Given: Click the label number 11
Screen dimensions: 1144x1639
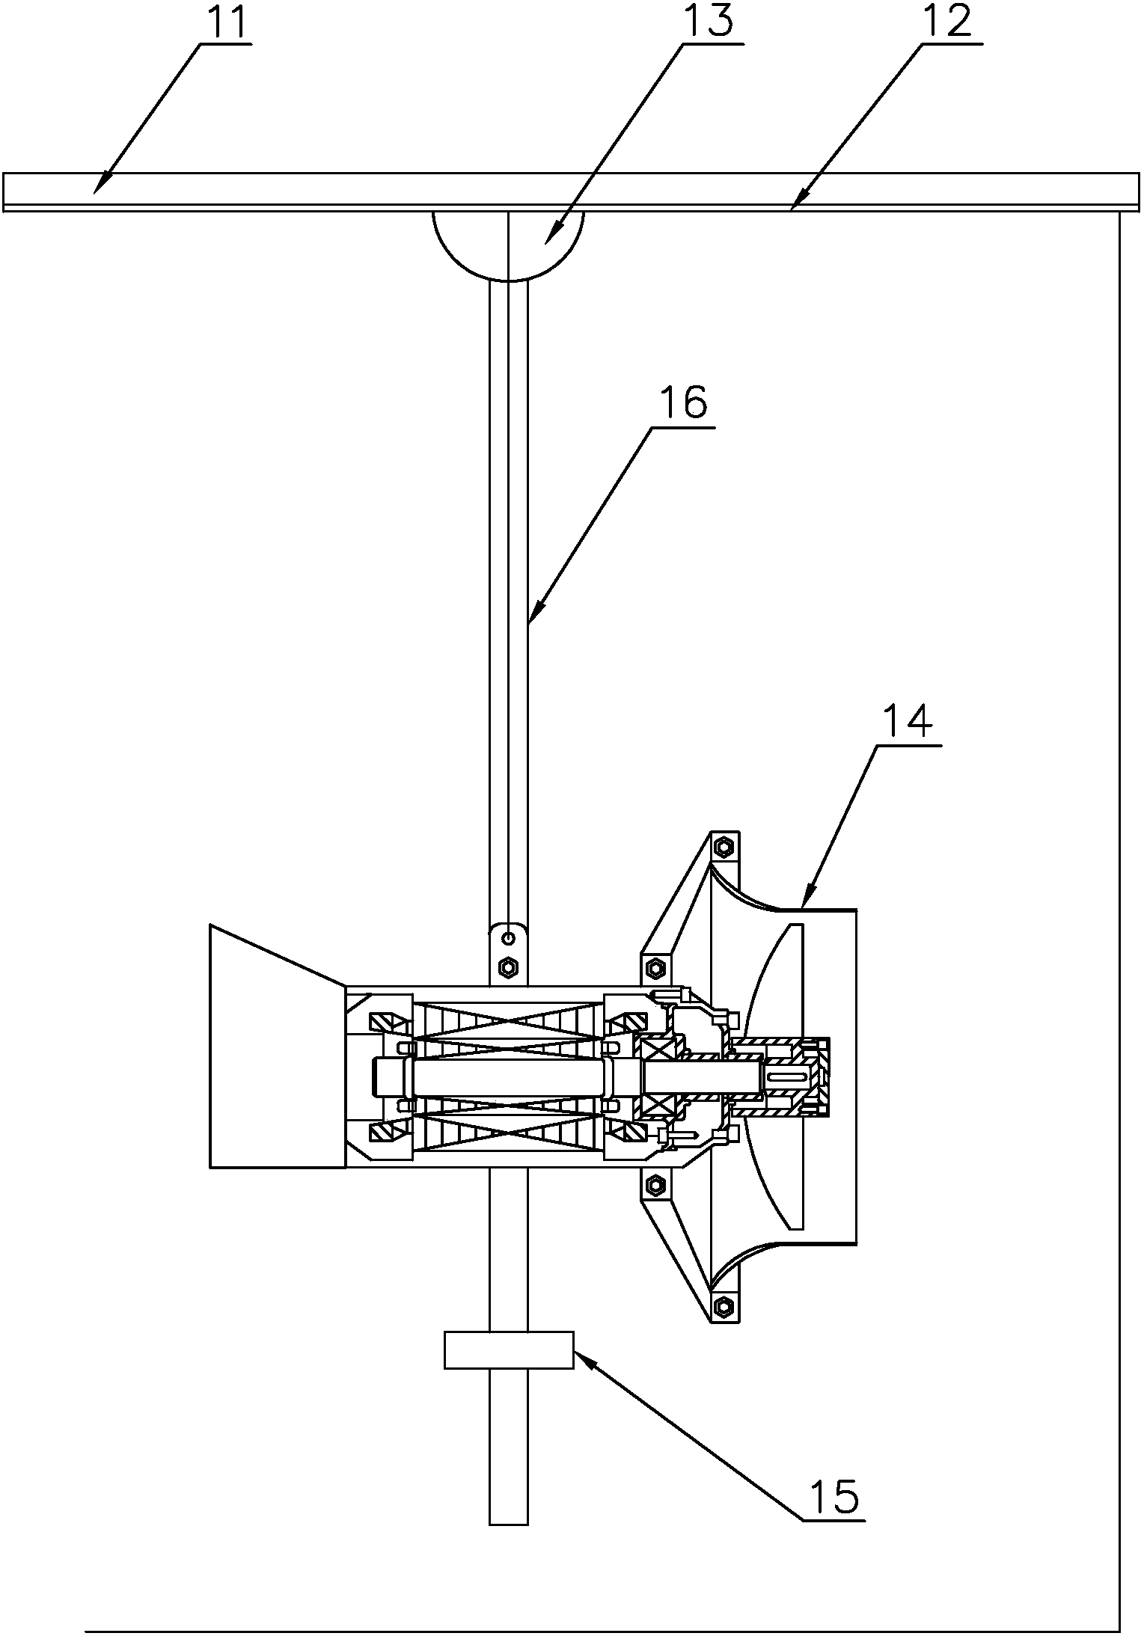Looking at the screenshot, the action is point(226,22).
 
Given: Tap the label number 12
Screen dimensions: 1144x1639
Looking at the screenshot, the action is point(946,22).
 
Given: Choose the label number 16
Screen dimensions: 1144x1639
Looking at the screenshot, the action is point(682,403).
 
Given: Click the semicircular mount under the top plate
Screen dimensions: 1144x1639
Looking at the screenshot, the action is point(508,245).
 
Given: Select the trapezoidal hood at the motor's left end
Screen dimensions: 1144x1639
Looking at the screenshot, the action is point(278,1046).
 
